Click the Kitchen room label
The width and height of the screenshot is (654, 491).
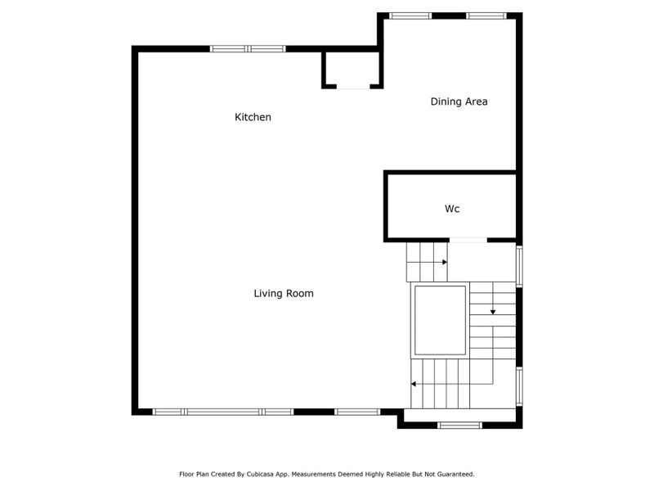coord(253,118)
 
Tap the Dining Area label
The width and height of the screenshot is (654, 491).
coord(459,102)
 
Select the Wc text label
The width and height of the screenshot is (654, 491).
coord(452,209)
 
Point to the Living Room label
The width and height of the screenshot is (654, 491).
coord(283,294)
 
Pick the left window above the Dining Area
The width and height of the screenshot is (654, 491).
coord(410,16)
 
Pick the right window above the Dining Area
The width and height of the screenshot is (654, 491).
coord(486,16)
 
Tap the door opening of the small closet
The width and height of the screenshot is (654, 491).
coord(353,86)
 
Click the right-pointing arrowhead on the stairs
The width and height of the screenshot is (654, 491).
coord(445,263)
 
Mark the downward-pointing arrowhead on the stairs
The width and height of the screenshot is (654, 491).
coord(493,312)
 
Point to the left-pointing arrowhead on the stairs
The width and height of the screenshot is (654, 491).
coord(414,384)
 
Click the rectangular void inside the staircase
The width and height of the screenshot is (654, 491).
coord(440,319)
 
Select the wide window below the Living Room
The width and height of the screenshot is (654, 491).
coord(223,412)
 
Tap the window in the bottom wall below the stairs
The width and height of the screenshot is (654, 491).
coord(459,425)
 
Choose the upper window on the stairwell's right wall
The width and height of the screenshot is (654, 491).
coord(519,265)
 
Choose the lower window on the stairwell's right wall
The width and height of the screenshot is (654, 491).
coord(519,386)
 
